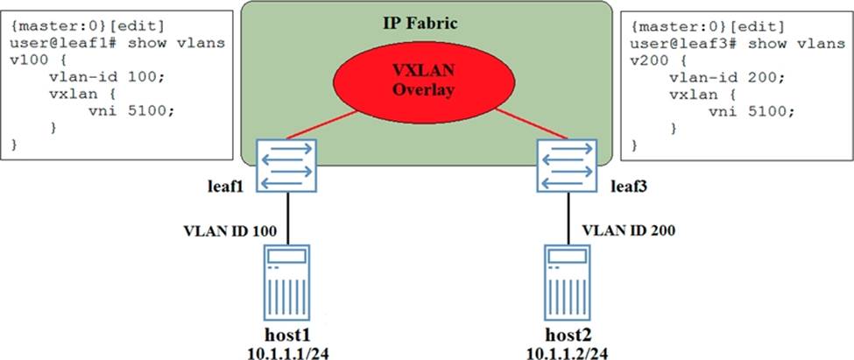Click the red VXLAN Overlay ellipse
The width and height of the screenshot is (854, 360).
pos(423,81)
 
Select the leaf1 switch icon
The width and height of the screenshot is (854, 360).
pos(287,165)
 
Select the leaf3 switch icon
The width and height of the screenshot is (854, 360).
pos(567,165)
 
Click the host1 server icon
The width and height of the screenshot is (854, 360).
pos(287,282)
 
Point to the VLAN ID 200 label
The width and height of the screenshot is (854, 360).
pos(629,230)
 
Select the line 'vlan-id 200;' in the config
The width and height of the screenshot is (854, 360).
pos(727,77)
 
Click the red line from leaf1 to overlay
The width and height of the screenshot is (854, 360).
pos(321,124)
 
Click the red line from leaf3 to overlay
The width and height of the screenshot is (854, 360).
pos(532,124)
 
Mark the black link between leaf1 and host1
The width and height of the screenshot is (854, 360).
pos(287,218)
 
